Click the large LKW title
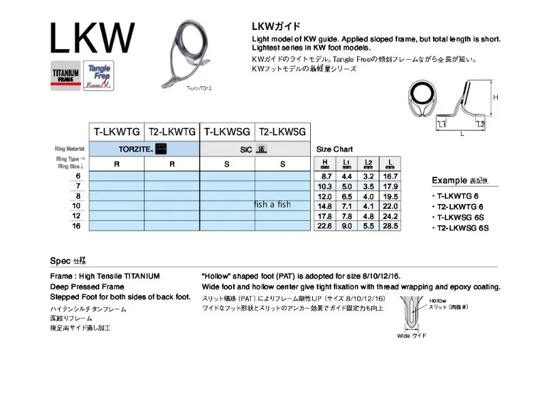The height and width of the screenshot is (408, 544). click(x=92, y=38)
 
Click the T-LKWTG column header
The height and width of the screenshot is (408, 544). click(x=117, y=131)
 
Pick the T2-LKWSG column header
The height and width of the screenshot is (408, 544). click(x=283, y=131)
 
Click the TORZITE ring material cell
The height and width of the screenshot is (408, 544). click(x=144, y=148)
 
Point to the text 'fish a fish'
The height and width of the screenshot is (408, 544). click(x=272, y=205)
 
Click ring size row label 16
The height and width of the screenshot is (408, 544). click(x=75, y=226)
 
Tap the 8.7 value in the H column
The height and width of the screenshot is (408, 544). click(x=326, y=175)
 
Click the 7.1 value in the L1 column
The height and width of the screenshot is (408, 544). click(x=347, y=205)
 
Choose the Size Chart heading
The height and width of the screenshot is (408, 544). click(x=335, y=149)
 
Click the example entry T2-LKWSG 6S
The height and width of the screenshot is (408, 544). click(x=460, y=228)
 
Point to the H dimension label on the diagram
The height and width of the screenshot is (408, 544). click(x=496, y=98)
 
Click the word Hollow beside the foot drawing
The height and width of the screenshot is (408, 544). click(x=438, y=300)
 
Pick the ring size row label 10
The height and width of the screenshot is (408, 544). click(x=75, y=205)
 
